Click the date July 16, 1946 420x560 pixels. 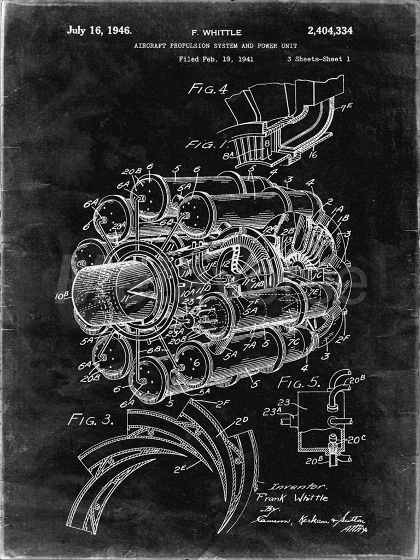(x=99, y=31)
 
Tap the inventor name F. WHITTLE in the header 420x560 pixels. (x=216, y=33)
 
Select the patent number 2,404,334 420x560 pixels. (x=330, y=31)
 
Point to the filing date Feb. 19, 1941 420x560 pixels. (x=226, y=59)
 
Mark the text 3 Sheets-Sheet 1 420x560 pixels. (x=318, y=59)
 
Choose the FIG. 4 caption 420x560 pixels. (x=207, y=89)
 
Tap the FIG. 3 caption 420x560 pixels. (x=90, y=420)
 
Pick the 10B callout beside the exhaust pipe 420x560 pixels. (x=62, y=296)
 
